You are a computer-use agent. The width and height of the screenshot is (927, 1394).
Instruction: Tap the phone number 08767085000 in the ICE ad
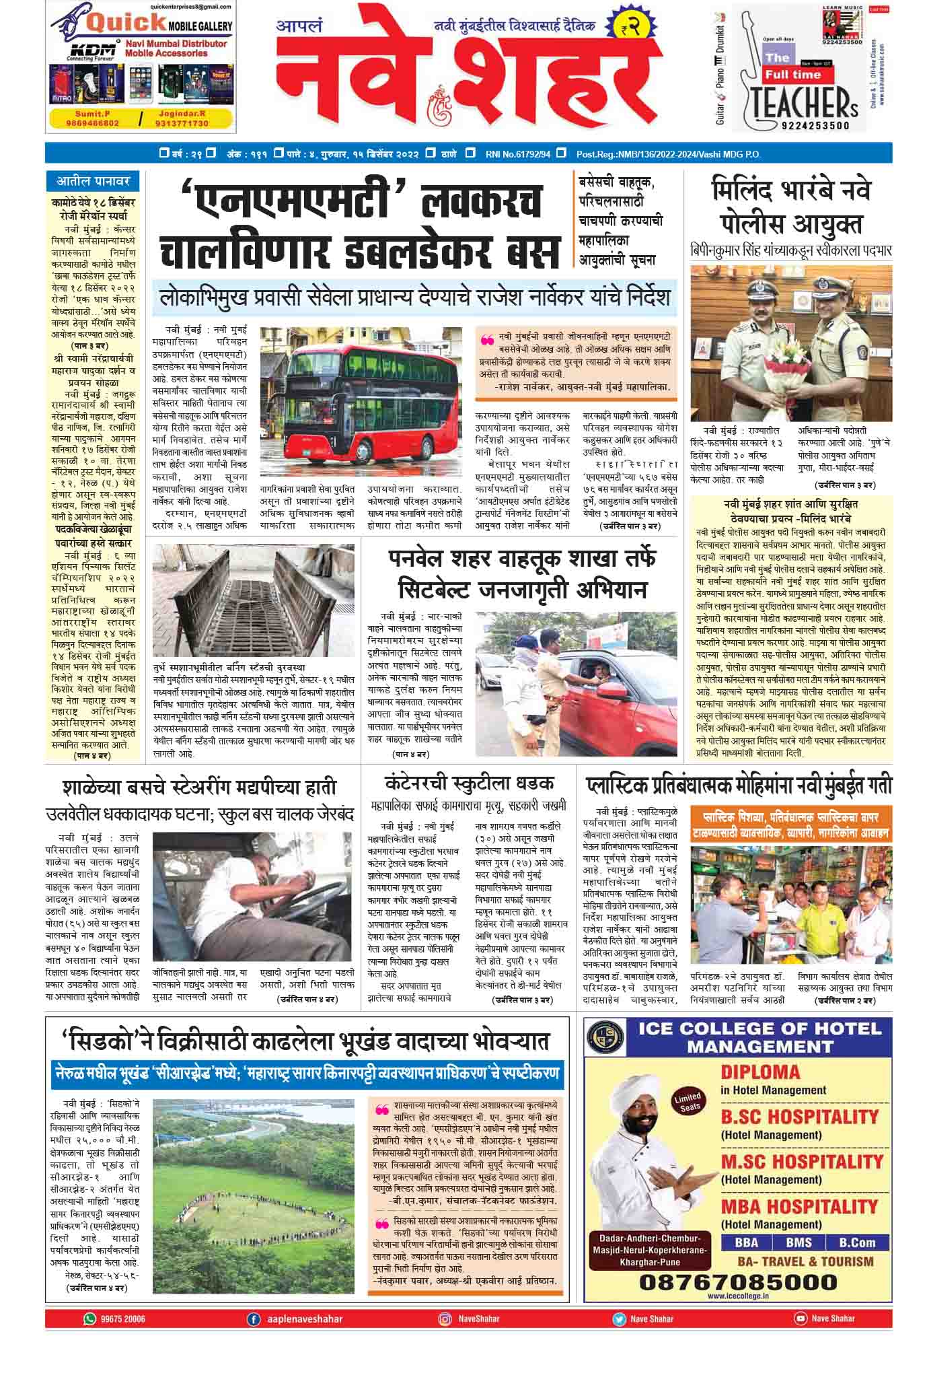(x=738, y=1280)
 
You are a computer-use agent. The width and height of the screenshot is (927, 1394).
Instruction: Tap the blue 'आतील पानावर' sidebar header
(x=92, y=181)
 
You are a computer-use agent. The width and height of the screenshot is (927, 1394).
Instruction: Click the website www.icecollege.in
(x=737, y=1296)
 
